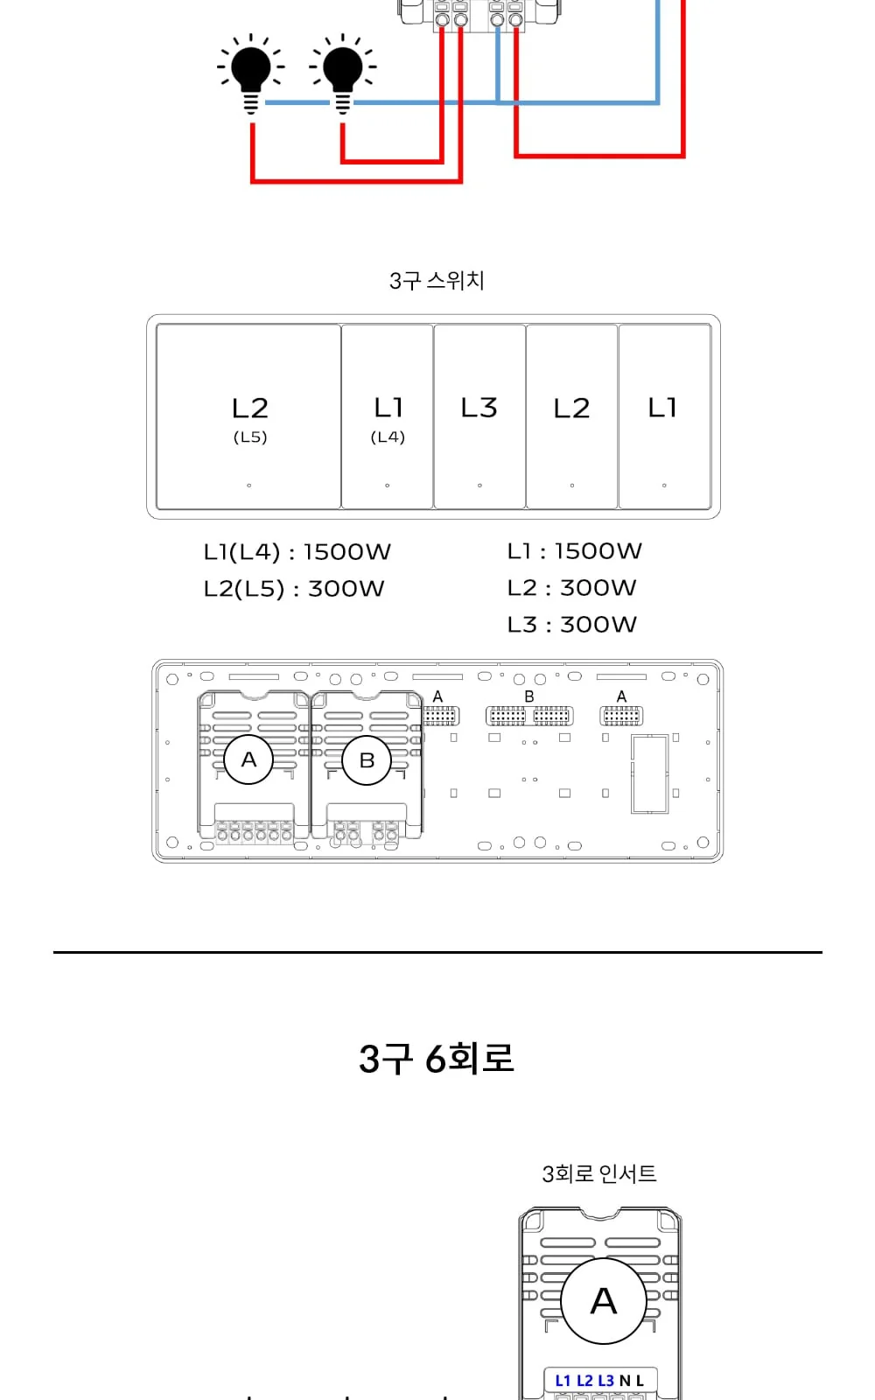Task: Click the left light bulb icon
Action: click(251, 73)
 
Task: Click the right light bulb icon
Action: click(342, 73)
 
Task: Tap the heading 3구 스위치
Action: click(437, 281)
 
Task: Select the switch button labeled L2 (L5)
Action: click(248, 416)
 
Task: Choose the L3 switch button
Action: click(479, 416)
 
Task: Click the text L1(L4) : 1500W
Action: click(297, 552)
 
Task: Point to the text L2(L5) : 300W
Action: click(294, 589)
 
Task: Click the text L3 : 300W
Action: click(572, 625)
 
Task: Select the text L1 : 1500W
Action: click(574, 551)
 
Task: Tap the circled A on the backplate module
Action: click(248, 759)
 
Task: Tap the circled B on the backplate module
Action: click(367, 760)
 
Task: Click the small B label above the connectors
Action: click(529, 696)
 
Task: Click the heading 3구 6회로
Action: click(437, 1058)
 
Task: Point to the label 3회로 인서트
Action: click(599, 1173)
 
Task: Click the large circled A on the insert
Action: click(604, 1300)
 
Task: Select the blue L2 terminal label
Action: click(584, 1381)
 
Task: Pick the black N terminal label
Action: click(625, 1381)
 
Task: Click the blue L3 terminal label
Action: click(605, 1381)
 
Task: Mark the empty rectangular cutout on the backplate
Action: click(650, 774)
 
